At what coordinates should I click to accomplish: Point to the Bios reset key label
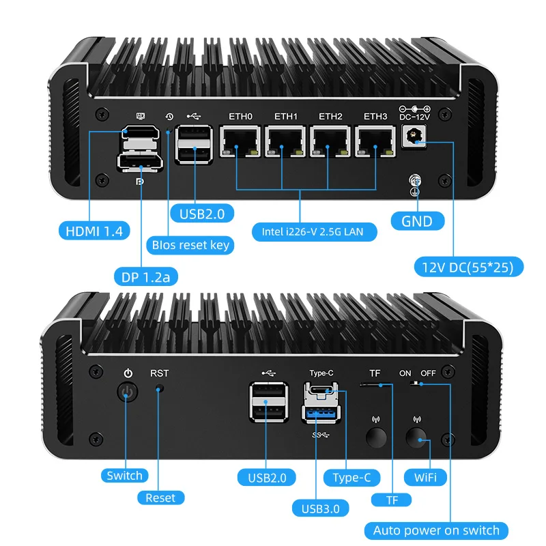pyautogui.click(x=190, y=244)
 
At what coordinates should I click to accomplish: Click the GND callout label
pyautogui.click(x=416, y=221)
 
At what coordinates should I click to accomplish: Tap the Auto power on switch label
pyautogui.click(x=436, y=530)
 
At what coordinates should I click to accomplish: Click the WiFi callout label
pyautogui.click(x=425, y=476)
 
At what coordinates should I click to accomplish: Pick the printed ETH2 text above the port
pyautogui.click(x=330, y=116)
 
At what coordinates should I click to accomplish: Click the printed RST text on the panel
pyautogui.click(x=159, y=373)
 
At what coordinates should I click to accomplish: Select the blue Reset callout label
pyautogui.click(x=160, y=498)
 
